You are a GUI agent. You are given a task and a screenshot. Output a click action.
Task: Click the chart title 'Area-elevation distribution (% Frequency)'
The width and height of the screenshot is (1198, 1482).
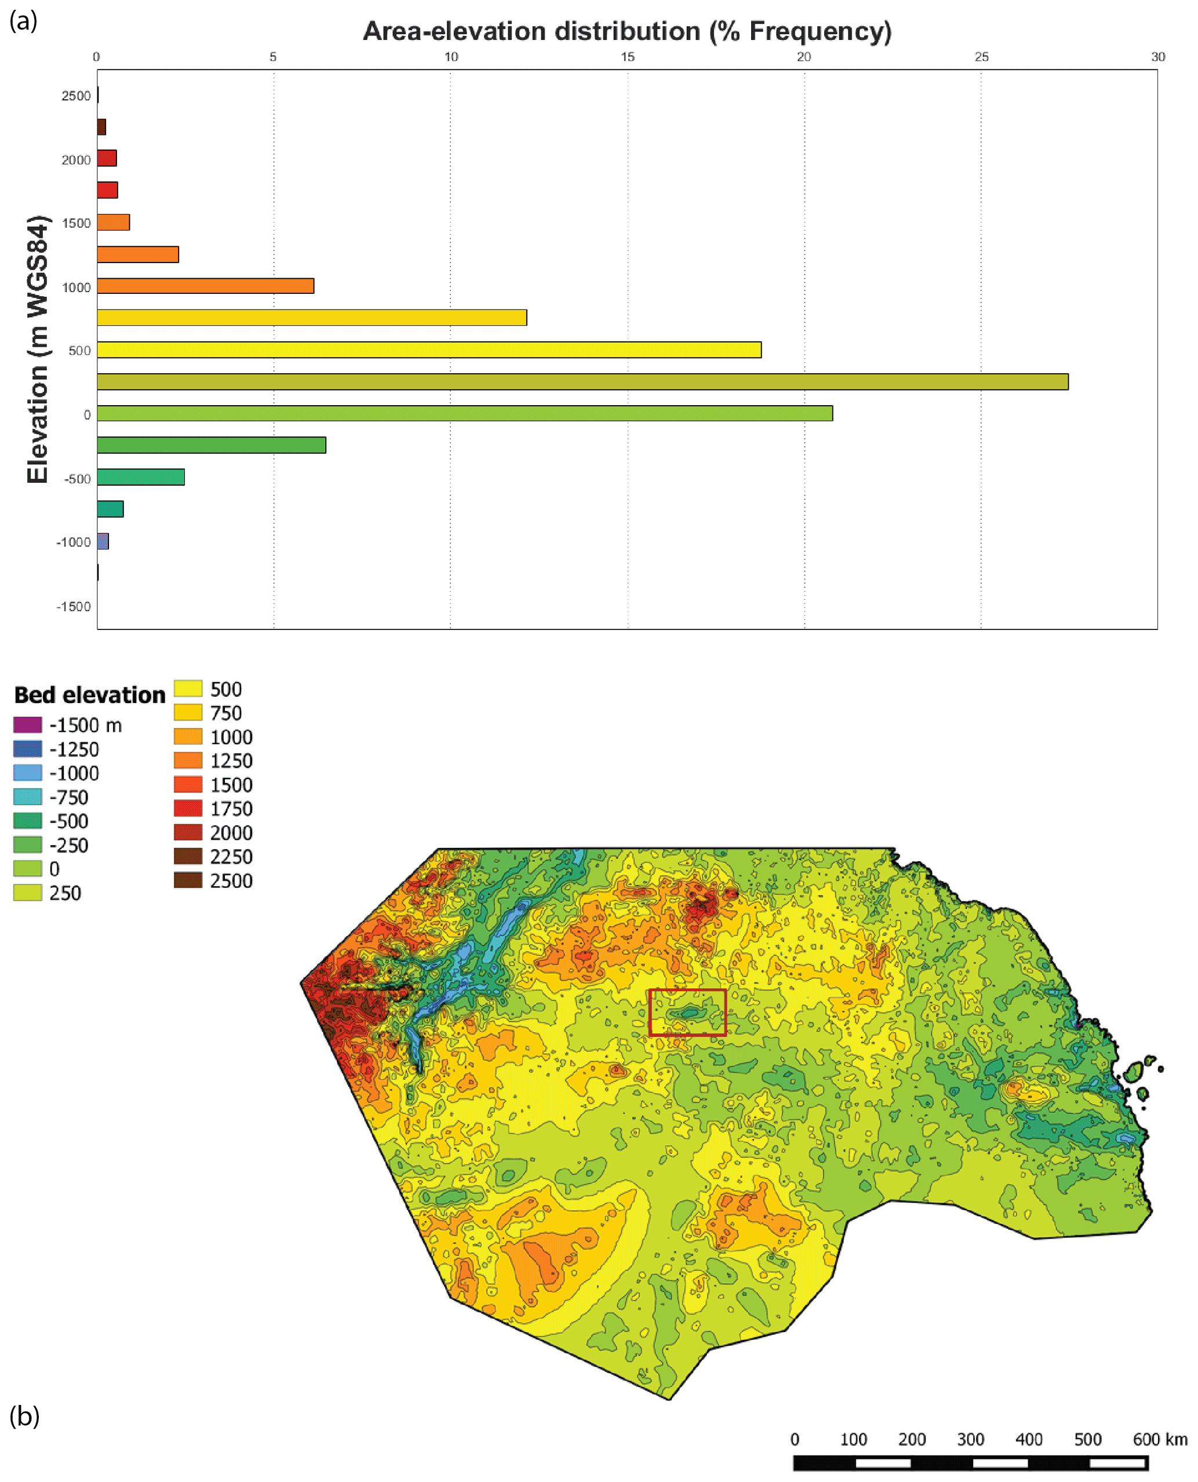[x=627, y=32]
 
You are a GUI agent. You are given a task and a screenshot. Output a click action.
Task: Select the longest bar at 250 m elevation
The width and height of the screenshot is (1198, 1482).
[x=582, y=381]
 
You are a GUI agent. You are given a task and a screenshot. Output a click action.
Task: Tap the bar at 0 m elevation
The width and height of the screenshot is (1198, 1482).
[x=464, y=413]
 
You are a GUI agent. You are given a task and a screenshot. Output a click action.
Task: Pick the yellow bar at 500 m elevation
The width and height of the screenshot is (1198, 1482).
[x=428, y=350]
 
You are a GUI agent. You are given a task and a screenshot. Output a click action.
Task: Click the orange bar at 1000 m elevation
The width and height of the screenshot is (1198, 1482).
[x=205, y=286]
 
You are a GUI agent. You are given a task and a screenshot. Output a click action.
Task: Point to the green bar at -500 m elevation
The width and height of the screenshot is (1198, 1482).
[x=141, y=477]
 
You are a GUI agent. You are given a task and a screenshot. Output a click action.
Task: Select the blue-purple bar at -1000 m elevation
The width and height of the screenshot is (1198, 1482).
[x=103, y=541]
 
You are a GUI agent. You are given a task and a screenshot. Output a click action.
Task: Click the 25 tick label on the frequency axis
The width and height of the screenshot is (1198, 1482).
[x=981, y=57]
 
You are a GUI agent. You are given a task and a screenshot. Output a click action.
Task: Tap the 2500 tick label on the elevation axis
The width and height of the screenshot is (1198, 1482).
[x=76, y=96]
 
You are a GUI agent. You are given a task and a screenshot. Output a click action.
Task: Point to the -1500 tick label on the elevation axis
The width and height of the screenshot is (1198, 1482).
[x=73, y=606]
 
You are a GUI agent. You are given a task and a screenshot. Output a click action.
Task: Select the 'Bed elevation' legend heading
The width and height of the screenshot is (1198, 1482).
[x=90, y=695]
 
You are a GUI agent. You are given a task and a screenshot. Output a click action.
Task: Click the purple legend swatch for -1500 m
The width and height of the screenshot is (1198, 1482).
[x=28, y=725]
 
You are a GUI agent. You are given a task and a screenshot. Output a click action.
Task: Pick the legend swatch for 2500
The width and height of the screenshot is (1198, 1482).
[x=188, y=880]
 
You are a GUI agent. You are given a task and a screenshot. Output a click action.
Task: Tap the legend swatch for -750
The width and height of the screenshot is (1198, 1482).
[x=28, y=797]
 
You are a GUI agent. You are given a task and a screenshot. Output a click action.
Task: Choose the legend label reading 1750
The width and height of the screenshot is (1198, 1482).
[x=231, y=809]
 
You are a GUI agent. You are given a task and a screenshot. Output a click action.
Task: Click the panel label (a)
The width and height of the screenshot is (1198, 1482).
[x=23, y=21]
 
